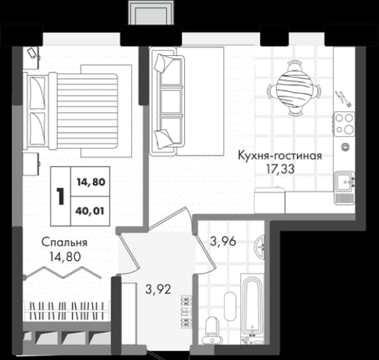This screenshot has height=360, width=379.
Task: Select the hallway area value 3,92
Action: click(158, 289)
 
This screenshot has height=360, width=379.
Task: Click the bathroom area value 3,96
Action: click(222, 242)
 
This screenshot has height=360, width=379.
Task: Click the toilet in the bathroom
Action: click(210, 328)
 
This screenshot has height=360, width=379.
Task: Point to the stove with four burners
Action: click(344, 123)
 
